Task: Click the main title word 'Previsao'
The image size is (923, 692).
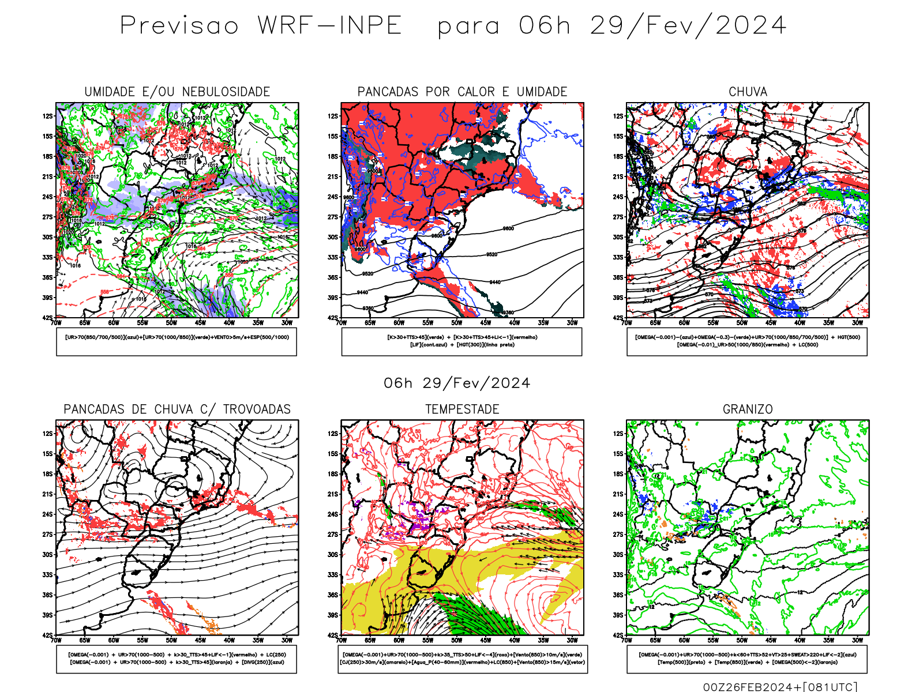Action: tap(179, 26)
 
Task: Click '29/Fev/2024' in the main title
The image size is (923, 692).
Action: tap(688, 26)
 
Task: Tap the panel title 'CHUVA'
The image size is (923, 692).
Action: tap(748, 92)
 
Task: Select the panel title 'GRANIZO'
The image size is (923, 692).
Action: tap(748, 409)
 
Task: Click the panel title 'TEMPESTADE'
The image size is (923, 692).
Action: tap(462, 409)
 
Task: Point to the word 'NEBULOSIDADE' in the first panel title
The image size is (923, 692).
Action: tap(226, 92)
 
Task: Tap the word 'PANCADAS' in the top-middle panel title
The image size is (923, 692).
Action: tap(388, 92)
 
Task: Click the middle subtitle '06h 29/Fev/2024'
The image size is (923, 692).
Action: tap(457, 383)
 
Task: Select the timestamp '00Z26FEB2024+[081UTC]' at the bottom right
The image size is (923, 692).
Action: tap(780, 686)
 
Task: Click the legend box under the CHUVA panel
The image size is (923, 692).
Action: tap(747, 341)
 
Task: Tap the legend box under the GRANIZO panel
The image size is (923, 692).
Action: tap(747, 659)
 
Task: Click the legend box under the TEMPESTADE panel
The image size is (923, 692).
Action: tap(462, 659)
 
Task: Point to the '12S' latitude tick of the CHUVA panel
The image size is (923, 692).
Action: tap(618, 116)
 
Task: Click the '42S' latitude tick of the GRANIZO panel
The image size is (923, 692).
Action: tap(618, 635)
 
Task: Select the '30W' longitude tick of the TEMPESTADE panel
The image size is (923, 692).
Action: tap(572, 640)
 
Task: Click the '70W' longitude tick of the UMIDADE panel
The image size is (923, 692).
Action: tap(56, 323)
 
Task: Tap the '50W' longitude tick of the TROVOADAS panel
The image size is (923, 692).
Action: tap(171, 640)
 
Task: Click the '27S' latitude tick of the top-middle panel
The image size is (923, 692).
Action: tap(333, 217)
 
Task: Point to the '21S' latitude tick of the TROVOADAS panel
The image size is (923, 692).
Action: tap(47, 494)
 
